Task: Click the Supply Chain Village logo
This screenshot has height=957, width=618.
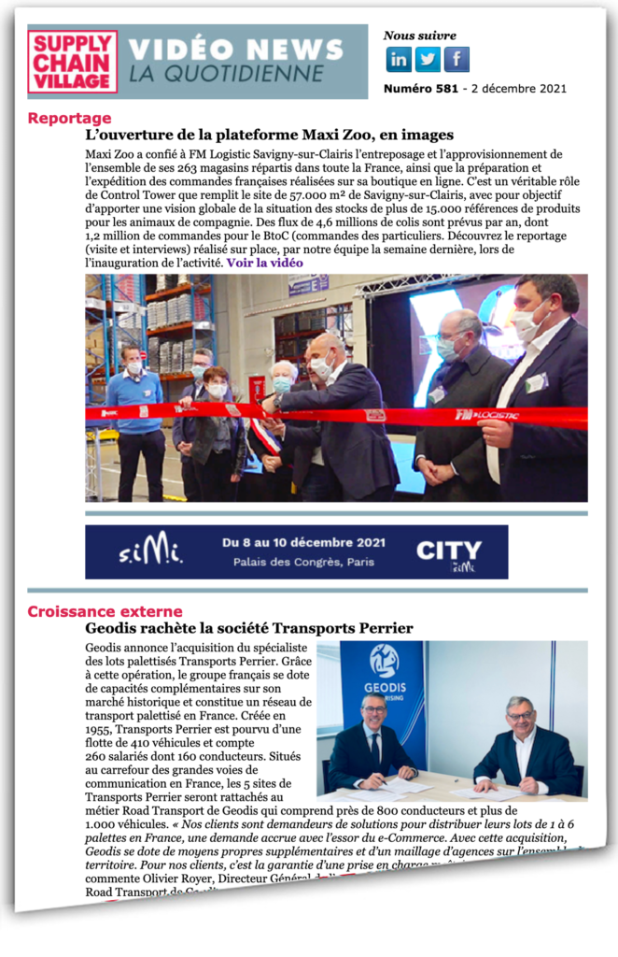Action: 72,62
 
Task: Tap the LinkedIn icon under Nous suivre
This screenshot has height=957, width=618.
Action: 399,60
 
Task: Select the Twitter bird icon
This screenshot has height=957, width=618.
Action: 428,60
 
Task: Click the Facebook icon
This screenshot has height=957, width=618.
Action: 456,60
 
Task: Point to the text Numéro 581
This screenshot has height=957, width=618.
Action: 419,90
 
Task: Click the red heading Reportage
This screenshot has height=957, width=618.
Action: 69,119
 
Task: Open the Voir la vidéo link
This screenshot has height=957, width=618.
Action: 264,263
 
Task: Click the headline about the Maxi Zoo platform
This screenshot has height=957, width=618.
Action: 269,136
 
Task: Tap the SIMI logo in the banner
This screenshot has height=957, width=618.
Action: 150,552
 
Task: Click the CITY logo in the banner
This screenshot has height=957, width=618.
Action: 448,552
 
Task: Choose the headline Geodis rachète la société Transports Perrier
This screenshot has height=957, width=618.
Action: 248,628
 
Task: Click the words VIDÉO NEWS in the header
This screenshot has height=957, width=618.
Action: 235,50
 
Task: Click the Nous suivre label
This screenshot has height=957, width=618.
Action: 419,36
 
